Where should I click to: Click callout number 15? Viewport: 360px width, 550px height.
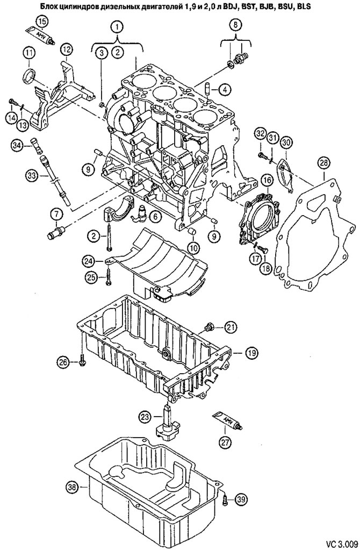pos(41,21)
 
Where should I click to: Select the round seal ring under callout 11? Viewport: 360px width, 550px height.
pos(30,74)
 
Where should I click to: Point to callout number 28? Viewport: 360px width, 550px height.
pos(323,161)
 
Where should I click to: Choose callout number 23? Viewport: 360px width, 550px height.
pos(145,416)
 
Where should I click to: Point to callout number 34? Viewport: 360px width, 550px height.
pos(17,145)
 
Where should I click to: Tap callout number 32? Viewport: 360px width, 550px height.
pos(260,133)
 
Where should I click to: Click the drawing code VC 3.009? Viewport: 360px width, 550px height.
pos(339,539)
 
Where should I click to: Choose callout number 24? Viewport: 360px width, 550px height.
pos(89,260)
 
